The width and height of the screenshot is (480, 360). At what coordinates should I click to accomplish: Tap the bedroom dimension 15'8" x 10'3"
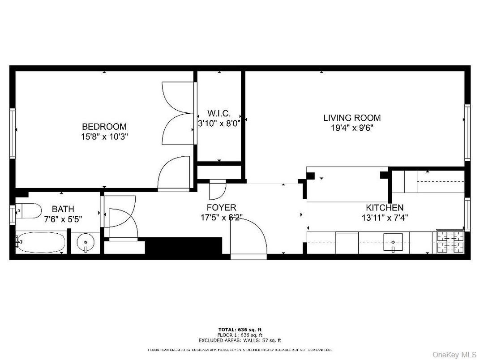tap(105, 137)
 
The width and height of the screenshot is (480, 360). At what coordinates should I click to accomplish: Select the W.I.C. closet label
tap(219, 113)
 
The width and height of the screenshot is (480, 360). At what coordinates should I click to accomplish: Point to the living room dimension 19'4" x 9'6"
tap(351, 128)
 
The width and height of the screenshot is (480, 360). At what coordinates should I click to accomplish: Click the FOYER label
tap(221, 207)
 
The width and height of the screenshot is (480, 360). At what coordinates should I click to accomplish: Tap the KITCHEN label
tap(385, 208)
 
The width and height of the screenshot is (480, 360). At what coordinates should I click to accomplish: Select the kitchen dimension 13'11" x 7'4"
tap(385, 218)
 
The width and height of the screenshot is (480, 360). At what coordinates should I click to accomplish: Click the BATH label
tap(63, 209)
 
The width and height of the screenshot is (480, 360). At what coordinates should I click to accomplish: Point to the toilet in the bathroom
tap(29, 210)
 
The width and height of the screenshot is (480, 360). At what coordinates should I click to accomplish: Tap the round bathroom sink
tap(85, 243)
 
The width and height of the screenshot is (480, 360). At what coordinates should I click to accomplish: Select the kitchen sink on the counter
tap(393, 242)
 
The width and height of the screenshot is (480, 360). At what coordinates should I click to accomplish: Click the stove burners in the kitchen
tap(450, 242)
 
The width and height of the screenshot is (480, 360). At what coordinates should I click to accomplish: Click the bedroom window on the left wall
tap(13, 133)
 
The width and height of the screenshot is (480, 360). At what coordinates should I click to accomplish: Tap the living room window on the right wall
tap(467, 132)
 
